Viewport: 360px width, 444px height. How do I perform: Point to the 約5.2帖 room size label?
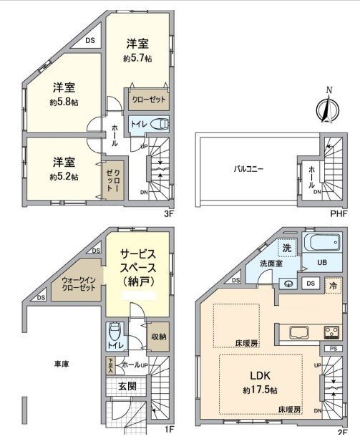tap(64, 176)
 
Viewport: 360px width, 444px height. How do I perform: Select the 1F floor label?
tap(170, 430)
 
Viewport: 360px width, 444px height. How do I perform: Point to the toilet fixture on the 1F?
tap(113, 334)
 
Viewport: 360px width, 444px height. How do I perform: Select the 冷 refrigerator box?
tap(332, 284)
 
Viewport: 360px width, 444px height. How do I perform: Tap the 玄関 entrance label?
tap(124, 387)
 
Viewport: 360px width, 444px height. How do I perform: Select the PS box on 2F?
tap(332, 349)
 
